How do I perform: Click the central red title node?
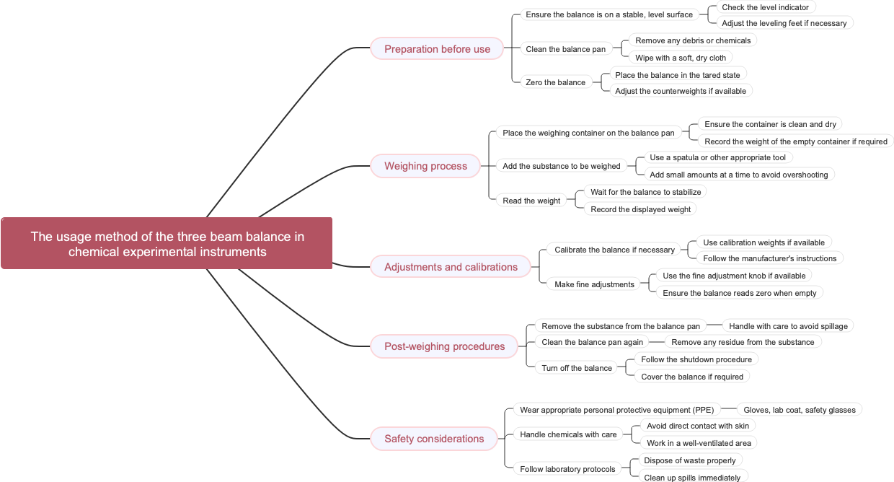167,243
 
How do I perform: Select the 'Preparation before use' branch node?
437,49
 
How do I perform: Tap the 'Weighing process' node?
425,166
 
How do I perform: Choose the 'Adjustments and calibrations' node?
451,267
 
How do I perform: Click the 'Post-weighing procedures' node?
444,346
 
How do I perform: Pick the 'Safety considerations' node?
434,439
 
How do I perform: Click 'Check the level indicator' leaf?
765,7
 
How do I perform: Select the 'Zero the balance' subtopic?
555,82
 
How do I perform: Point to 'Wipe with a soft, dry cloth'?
681,58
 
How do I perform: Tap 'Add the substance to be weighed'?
561,166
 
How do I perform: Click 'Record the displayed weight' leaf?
640,209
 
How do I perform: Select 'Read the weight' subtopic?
531,201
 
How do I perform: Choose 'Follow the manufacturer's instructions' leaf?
769,258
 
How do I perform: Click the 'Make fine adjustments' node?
594,284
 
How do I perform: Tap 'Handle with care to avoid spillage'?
788,326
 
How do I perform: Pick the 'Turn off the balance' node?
577,368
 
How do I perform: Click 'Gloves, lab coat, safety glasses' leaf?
799,410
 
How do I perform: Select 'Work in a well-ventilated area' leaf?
698,443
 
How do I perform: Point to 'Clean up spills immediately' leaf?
691,477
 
